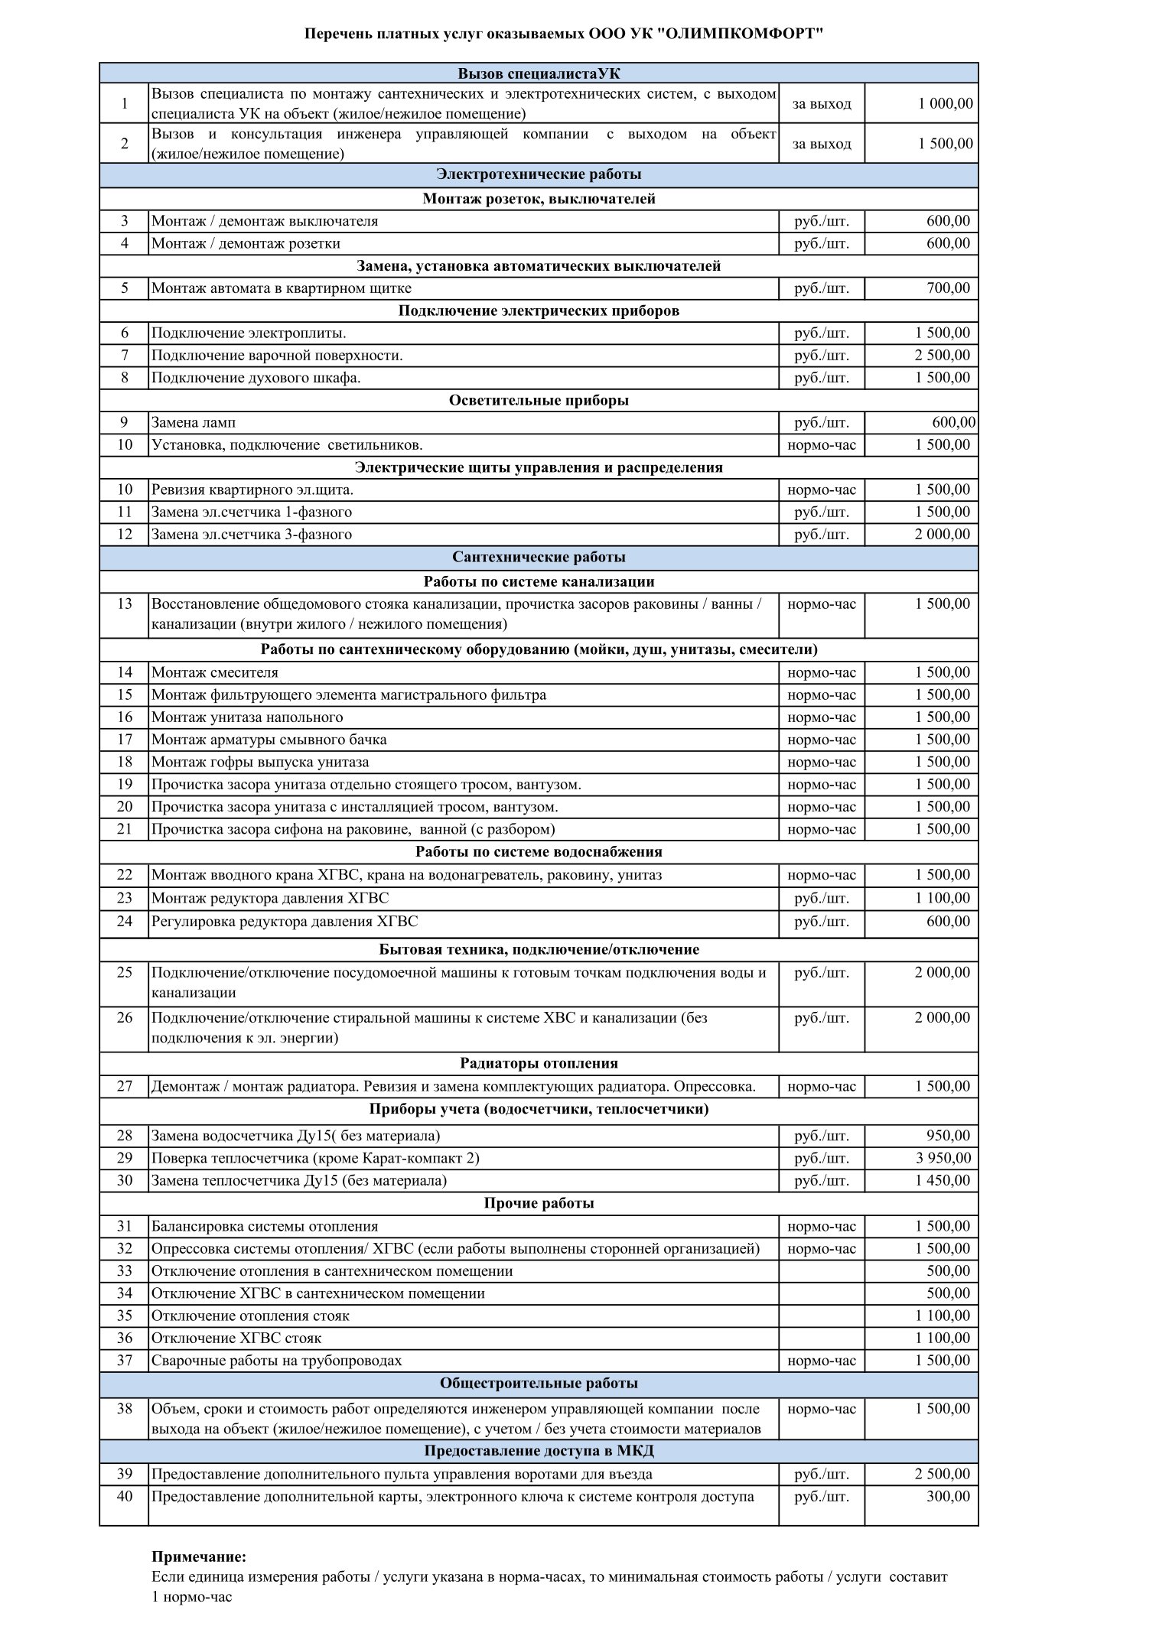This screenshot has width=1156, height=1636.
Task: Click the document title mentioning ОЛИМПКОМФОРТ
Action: [565, 34]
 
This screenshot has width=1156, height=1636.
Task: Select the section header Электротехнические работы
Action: [539, 174]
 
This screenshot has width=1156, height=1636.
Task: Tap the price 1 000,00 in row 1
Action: [946, 103]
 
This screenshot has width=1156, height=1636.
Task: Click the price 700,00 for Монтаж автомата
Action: [948, 288]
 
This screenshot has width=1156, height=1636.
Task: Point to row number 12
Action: [125, 534]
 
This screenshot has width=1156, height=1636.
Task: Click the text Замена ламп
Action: [194, 422]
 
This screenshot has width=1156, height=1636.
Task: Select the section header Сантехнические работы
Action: [539, 557]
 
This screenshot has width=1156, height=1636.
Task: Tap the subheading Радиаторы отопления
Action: [539, 1063]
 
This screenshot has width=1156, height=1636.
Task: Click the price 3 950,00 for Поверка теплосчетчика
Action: [943, 1158]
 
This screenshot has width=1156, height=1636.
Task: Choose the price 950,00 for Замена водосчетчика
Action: [948, 1136]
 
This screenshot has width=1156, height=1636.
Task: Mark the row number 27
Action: [125, 1086]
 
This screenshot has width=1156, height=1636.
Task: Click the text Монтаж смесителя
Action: [215, 672]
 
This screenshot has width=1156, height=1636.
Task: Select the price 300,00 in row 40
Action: [948, 1496]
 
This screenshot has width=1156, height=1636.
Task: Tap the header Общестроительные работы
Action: [539, 1384]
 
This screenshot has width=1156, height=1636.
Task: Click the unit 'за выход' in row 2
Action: [822, 144]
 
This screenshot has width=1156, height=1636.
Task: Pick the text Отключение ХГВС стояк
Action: [236, 1338]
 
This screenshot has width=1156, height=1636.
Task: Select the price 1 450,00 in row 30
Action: [943, 1180]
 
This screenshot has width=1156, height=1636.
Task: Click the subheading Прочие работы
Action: [539, 1203]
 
